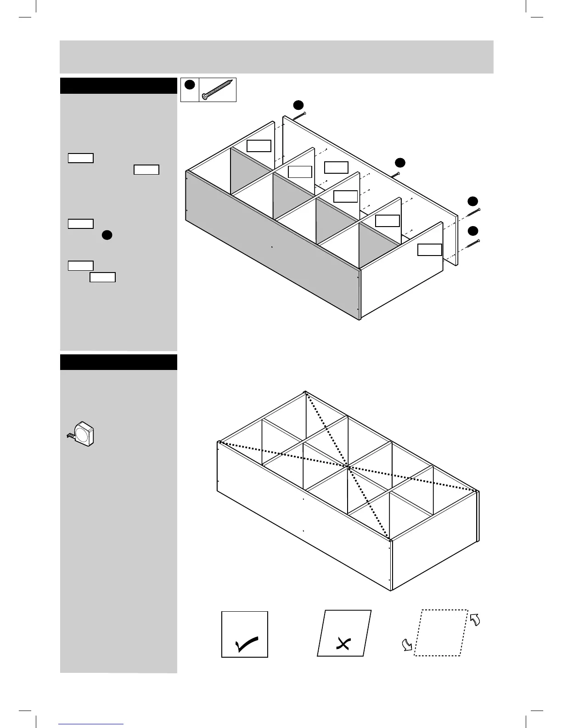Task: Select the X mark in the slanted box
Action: [x=343, y=644]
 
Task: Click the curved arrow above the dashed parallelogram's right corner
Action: [x=475, y=620]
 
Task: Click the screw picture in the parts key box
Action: [x=218, y=90]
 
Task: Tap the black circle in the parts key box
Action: [x=190, y=85]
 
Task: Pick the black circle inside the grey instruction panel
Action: [x=107, y=235]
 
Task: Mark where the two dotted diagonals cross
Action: [x=349, y=468]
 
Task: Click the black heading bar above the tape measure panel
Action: [x=118, y=362]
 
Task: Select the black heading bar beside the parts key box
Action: [x=118, y=86]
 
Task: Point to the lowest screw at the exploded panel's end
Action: [x=473, y=244]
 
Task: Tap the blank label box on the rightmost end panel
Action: [x=429, y=250]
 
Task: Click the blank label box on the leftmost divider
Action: [x=259, y=146]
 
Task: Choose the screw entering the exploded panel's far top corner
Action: [x=299, y=115]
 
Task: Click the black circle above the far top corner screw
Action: [x=298, y=104]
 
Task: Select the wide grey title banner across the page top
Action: [x=276, y=57]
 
